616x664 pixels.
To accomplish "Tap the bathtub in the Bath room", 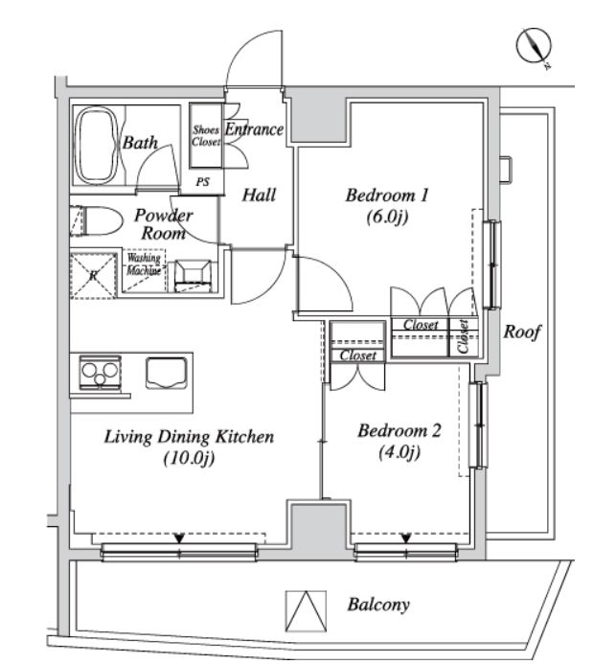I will pyautogui.click(x=95, y=147).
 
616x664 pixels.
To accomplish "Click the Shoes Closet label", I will pyautogui.click(x=205, y=135).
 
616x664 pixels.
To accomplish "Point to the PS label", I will pyautogui.click(x=203, y=181).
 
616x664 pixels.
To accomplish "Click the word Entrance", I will pyautogui.click(x=254, y=129).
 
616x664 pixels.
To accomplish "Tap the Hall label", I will pyautogui.click(x=259, y=195).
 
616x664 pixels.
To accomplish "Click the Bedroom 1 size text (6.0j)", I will pyautogui.click(x=386, y=218).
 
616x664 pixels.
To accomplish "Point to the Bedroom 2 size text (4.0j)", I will pyautogui.click(x=399, y=452).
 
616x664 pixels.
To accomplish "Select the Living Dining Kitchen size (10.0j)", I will pyautogui.click(x=188, y=458).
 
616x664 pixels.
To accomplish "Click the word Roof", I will pyautogui.click(x=523, y=333).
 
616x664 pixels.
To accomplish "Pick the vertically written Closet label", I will pyautogui.click(x=464, y=334).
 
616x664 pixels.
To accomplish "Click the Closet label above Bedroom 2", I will pyautogui.click(x=357, y=355).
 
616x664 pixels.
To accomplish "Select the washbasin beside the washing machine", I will pyautogui.click(x=195, y=274).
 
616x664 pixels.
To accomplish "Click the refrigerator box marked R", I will pyautogui.click(x=94, y=274).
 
